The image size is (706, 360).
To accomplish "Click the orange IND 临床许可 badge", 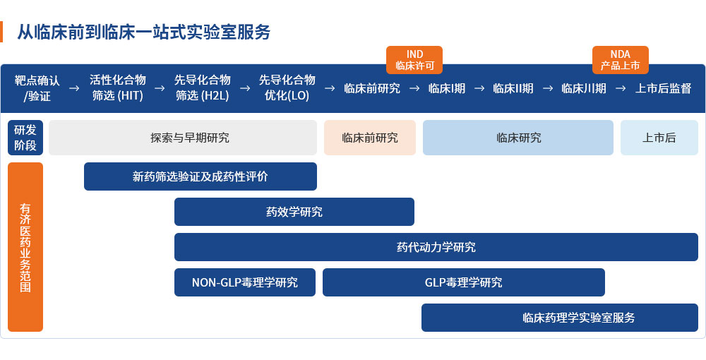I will [414, 60].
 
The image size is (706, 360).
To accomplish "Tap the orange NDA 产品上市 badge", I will [620, 60].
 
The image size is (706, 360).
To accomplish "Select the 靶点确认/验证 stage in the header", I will [37, 88].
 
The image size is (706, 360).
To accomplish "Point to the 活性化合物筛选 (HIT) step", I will [118, 88].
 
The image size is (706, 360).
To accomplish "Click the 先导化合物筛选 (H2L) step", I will [203, 88].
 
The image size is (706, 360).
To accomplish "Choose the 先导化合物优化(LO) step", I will [287, 88].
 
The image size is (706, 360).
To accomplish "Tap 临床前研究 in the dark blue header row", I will [372, 88].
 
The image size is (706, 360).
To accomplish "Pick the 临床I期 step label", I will [447, 88].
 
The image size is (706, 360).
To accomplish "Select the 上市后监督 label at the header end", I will [663, 88].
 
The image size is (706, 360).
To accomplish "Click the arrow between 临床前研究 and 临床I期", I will [414, 88].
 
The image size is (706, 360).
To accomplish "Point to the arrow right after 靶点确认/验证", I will [74, 88].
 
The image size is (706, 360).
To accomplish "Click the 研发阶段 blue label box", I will [25, 138].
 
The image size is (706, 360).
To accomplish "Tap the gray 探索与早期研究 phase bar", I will [183, 138].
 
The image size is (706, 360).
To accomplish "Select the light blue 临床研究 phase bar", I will [518, 138].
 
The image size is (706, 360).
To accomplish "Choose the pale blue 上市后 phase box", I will [659, 138].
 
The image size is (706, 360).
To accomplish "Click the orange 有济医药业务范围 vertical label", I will [25, 247].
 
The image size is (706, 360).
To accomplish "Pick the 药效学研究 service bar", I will [294, 212].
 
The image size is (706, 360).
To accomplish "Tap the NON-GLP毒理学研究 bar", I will [245, 282].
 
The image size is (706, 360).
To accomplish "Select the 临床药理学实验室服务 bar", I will [559, 318].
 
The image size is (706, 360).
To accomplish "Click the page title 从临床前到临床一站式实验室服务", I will [143, 32].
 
